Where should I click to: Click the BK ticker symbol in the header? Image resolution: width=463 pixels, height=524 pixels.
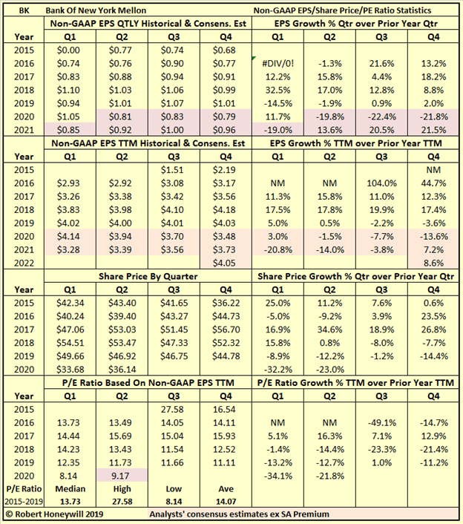(22, 10)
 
